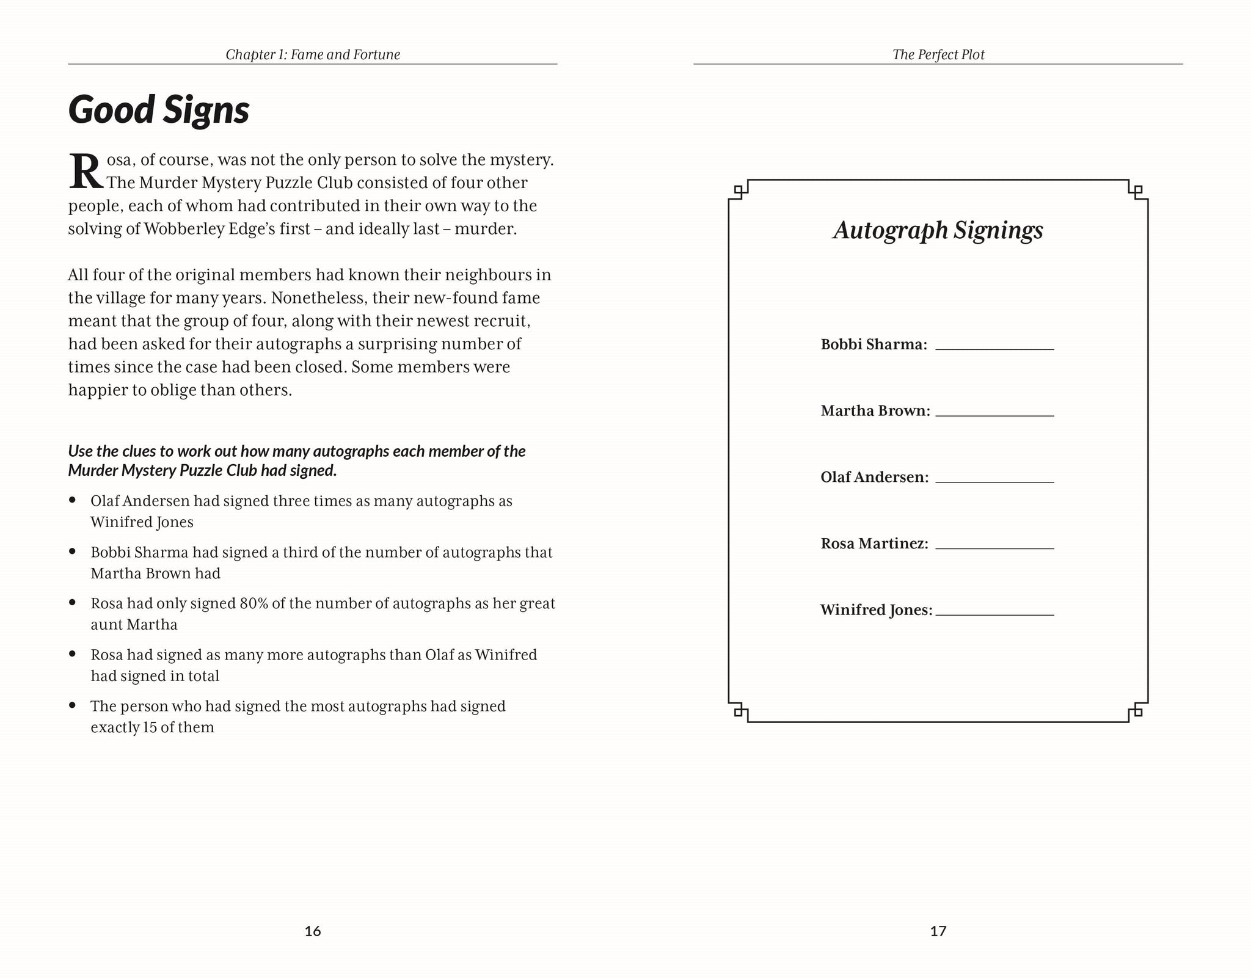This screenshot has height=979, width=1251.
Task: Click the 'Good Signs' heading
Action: (x=159, y=110)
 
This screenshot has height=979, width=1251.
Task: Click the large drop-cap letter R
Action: (x=86, y=172)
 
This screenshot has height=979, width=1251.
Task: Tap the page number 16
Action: (x=312, y=931)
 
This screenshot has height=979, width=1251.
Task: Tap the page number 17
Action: (x=938, y=931)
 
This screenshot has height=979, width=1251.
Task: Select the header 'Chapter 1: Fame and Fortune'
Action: (x=313, y=54)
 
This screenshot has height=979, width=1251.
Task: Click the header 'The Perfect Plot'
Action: (x=938, y=54)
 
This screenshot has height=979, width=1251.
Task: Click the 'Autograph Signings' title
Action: (x=938, y=230)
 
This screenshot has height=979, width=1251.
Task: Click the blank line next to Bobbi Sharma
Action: (x=994, y=347)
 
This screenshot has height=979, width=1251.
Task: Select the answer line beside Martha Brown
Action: (x=994, y=413)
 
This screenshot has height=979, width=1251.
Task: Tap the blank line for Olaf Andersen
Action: (x=994, y=480)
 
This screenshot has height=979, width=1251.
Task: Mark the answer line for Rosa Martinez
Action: (x=994, y=547)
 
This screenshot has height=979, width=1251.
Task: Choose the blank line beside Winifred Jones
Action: (x=994, y=613)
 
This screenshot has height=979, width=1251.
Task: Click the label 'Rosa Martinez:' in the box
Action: (x=874, y=544)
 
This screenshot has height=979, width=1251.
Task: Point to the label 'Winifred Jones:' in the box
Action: (x=876, y=610)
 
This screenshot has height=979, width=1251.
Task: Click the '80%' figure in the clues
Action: (x=253, y=603)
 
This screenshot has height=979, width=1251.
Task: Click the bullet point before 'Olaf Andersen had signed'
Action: (x=73, y=500)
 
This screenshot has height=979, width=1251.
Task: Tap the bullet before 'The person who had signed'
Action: (x=73, y=705)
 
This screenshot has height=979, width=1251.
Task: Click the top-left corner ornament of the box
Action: (x=739, y=190)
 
